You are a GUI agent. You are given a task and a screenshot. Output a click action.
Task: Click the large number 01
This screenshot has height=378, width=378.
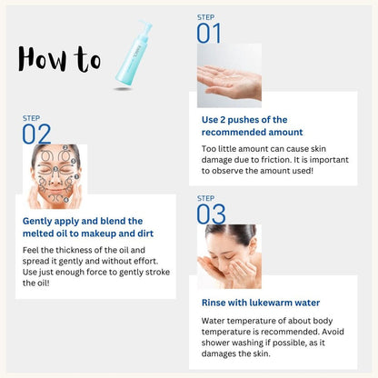209,34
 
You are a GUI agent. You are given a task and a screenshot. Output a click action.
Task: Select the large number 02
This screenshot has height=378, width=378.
36,134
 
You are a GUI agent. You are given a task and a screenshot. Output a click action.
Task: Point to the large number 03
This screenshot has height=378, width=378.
211,214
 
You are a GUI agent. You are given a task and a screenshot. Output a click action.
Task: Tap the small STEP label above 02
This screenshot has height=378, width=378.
31,118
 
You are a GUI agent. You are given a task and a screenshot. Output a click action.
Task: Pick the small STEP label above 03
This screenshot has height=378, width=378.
205,198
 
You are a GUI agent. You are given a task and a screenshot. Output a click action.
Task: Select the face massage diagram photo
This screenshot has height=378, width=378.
55,175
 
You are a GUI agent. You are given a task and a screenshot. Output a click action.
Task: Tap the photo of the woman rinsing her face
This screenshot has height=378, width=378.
229,255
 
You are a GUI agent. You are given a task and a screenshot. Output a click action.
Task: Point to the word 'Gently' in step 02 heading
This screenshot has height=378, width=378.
40,221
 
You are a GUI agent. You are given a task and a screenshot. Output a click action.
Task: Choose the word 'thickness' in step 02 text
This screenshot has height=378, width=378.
72,250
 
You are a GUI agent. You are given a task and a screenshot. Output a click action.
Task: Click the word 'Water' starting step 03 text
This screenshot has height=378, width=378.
214,321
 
